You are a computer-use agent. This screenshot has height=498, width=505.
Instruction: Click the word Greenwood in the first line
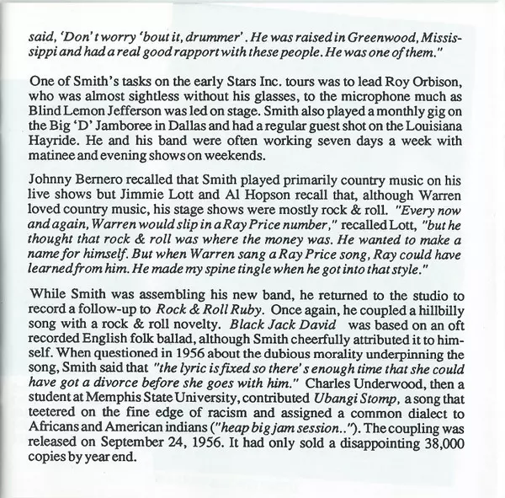coord(363,39)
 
